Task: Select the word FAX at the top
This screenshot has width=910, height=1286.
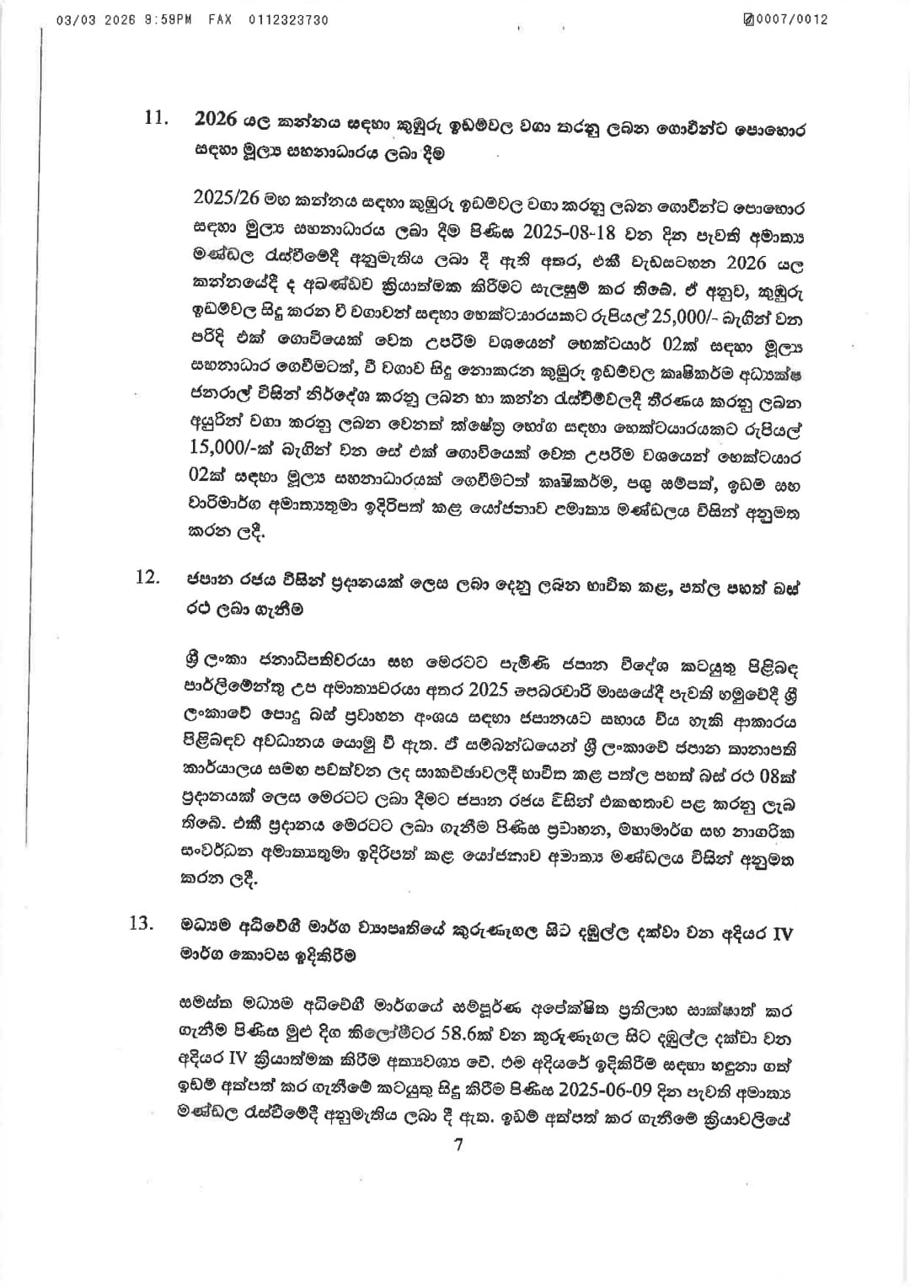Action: (x=220, y=19)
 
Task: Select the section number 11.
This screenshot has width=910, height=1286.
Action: (x=157, y=118)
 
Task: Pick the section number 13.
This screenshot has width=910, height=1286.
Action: (x=142, y=923)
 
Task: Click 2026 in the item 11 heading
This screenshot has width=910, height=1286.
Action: (x=216, y=119)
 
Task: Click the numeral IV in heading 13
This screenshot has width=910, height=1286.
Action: (x=782, y=934)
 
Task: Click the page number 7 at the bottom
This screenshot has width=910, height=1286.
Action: (x=458, y=1145)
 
